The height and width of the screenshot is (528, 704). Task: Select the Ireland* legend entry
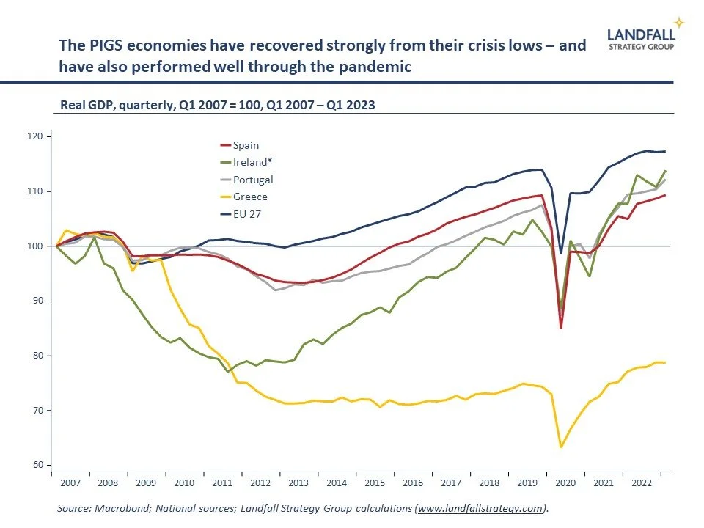[x=249, y=163]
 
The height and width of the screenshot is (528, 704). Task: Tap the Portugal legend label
[x=252, y=180]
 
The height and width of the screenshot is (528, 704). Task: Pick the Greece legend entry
[x=249, y=197]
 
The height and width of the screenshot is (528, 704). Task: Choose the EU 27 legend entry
[x=246, y=213]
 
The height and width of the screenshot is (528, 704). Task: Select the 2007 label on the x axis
[x=70, y=484]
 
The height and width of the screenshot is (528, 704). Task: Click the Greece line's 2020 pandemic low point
[x=561, y=447]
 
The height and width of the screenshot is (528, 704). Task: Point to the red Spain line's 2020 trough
[x=561, y=328]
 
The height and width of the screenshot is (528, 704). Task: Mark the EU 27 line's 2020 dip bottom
[x=561, y=253]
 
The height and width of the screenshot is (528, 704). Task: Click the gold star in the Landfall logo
[x=679, y=23]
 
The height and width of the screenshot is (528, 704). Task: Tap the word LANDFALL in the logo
[x=639, y=33]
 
